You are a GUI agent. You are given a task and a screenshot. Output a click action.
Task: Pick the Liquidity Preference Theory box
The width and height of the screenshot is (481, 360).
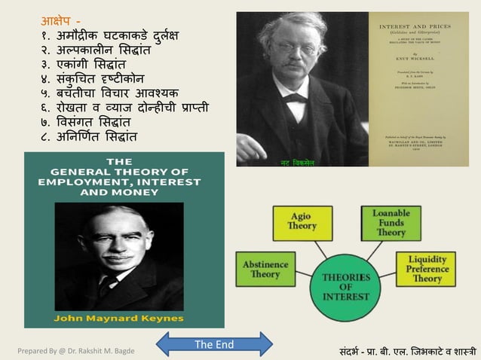pyautogui.click(x=426, y=268)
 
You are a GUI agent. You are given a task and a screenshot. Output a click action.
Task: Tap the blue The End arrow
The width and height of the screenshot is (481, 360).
pyautogui.click(x=213, y=345)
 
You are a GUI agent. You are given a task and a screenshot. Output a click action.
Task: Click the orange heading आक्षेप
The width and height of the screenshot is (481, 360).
pyautogui.click(x=58, y=19)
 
